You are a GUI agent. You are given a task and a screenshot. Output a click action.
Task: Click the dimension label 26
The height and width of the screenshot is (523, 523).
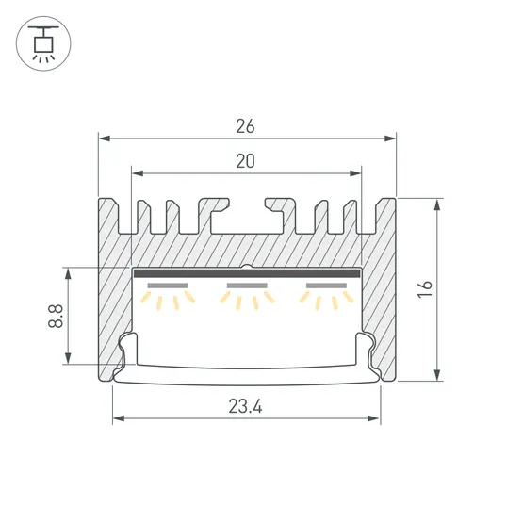pyautogui.click(x=245, y=126)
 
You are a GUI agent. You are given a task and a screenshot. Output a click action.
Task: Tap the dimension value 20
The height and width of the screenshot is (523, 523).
pyautogui.click(x=246, y=161)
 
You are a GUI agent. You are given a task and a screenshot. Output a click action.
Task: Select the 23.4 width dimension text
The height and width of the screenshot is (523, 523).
pyautogui.click(x=246, y=406)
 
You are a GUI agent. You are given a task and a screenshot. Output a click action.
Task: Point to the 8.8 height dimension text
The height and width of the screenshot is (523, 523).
pyautogui.click(x=56, y=316)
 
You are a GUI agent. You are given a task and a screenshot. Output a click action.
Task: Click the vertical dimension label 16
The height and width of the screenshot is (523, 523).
pyautogui.click(x=425, y=289)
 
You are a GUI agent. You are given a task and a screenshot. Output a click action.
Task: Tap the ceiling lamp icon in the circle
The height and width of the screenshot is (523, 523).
pyautogui.click(x=43, y=43)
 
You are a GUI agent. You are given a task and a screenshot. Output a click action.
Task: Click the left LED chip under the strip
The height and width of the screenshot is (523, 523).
pyautogui.click(x=168, y=286)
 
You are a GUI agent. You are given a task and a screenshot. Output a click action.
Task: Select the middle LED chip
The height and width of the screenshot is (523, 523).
pyautogui.click(x=247, y=286)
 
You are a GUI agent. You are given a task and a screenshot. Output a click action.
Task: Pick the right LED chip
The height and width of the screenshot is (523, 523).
pyautogui.click(x=327, y=286)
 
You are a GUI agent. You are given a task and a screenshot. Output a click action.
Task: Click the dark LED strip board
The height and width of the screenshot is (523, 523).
pyautogui.click(x=247, y=273)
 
